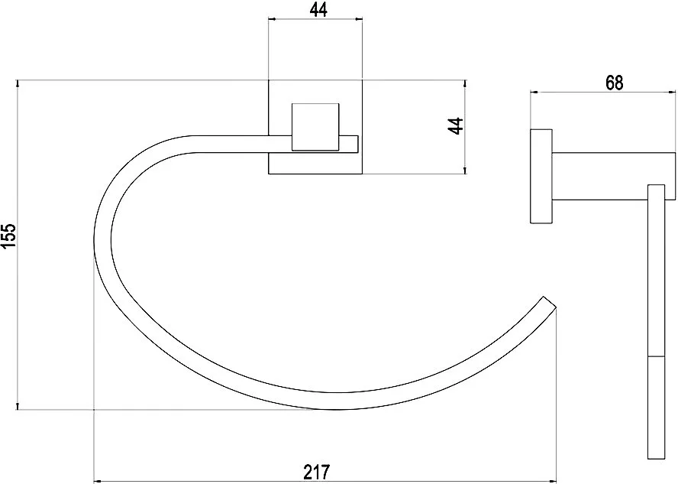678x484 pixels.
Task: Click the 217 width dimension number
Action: click(x=317, y=472)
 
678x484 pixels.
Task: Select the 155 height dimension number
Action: click(x=8, y=236)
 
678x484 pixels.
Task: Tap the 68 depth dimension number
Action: click(x=614, y=83)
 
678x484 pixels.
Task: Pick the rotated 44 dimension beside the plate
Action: click(x=455, y=126)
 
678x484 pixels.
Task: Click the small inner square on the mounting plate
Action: click(x=315, y=127)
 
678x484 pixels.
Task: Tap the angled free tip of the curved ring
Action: click(x=549, y=303)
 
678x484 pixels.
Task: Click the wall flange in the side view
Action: click(x=541, y=176)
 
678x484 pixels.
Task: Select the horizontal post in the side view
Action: click(x=614, y=176)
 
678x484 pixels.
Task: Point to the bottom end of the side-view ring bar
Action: click(x=656, y=459)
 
